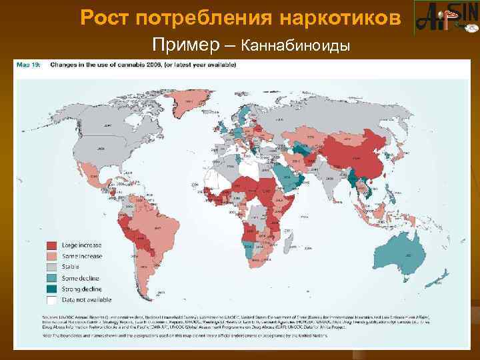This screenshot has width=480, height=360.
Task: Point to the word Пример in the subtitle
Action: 187,45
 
